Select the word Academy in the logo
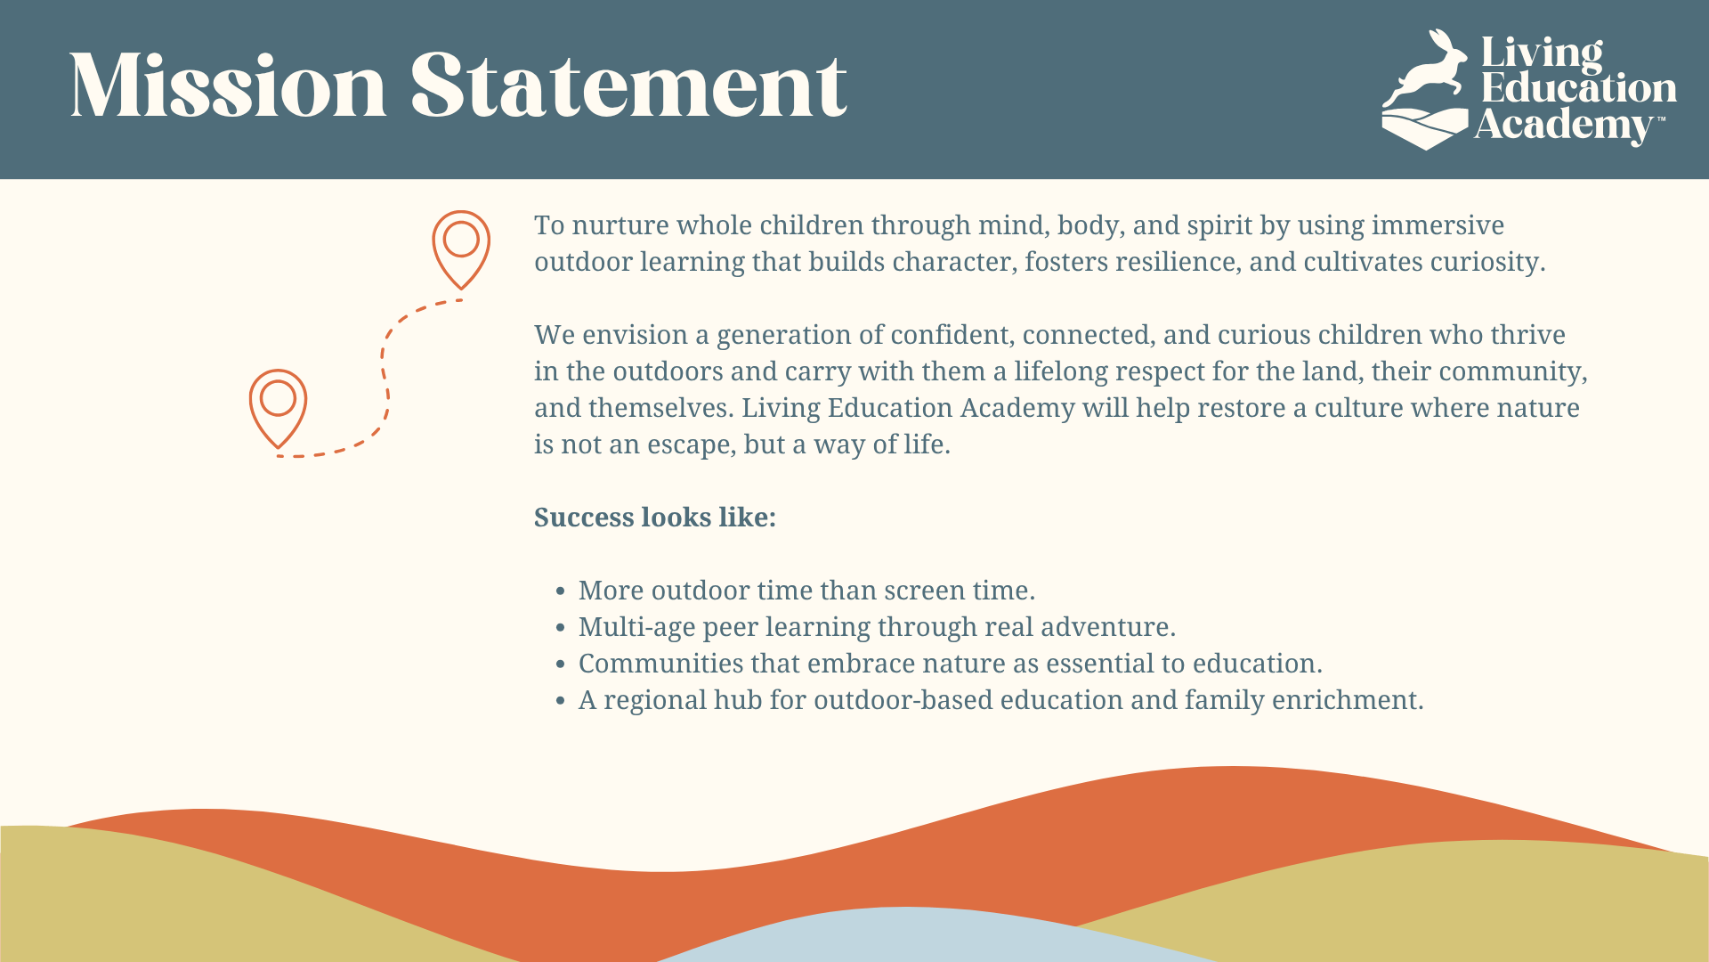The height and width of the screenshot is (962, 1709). (x=1563, y=126)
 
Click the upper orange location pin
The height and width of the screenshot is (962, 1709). (x=461, y=267)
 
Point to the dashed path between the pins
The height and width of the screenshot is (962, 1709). (x=384, y=374)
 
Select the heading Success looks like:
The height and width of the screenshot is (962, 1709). (x=655, y=518)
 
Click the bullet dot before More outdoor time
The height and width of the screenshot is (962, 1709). (x=560, y=591)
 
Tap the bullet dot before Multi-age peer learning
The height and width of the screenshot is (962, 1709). (x=560, y=628)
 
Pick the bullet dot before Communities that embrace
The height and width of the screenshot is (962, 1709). (x=560, y=664)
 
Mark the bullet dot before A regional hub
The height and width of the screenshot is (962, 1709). (x=560, y=701)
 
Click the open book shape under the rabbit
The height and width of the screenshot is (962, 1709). (x=1424, y=128)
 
